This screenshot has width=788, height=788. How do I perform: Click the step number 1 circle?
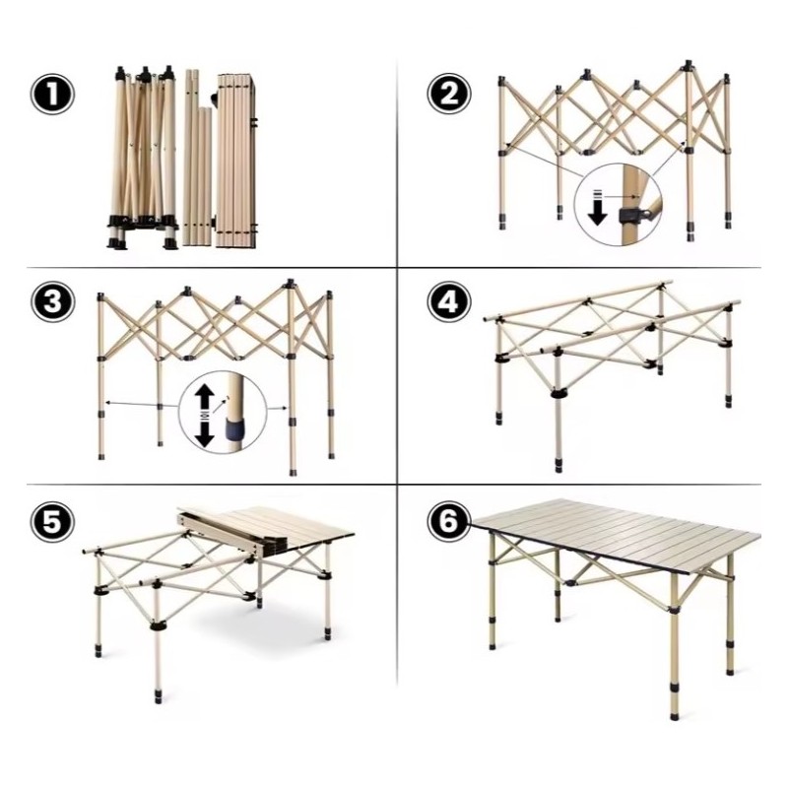pyautogui.click(x=52, y=94)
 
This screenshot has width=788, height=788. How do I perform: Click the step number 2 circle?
pyautogui.click(x=449, y=94)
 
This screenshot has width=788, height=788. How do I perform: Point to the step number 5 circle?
pyautogui.click(x=52, y=521)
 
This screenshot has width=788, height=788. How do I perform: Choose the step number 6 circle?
pyautogui.click(x=449, y=521)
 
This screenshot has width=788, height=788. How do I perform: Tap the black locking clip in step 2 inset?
pyautogui.click(x=629, y=216)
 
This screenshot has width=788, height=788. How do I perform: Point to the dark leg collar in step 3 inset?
pyautogui.click(x=235, y=429)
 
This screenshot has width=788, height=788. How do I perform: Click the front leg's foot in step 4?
pyautogui.click(x=559, y=464)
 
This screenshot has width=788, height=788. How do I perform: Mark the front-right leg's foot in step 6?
pyautogui.click(x=674, y=710)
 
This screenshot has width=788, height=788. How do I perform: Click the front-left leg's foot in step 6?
pyautogui.click(x=492, y=643)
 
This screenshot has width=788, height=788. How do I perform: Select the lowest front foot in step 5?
pyautogui.click(x=158, y=695)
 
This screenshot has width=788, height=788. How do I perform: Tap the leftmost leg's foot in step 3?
pyautogui.click(x=102, y=456)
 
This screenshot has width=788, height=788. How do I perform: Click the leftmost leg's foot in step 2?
pyautogui.click(x=503, y=224)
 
